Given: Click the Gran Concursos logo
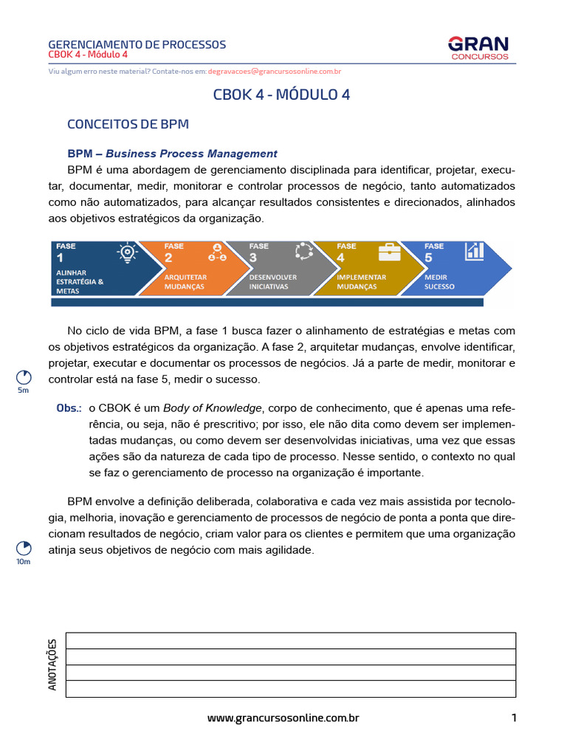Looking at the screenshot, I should pyautogui.click(x=479, y=49).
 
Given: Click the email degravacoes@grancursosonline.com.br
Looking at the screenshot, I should pyautogui.click(x=274, y=72).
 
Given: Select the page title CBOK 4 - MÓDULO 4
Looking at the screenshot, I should pyautogui.click(x=281, y=95).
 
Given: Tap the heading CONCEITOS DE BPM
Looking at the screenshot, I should pyautogui.click(x=128, y=124).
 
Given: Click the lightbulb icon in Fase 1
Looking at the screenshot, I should pyautogui.click(x=128, y=252).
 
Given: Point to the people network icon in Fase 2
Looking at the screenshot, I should pyautogui.click(x=216, y=252).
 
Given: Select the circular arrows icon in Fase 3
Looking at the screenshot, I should pyautogui.click(x=303, y=252).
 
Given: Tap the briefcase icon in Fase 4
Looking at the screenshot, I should pyautogui.click(x=389, y=252).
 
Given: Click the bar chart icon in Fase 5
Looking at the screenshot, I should pyautogui.click(x=474, y=252).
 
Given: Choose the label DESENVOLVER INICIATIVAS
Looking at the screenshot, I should pyautogui.click(x=273, y=282).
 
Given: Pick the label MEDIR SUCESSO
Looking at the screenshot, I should pyautogui.click(x=439, y=282).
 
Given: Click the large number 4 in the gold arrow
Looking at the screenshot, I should pyautogui.click(x=340, y=258).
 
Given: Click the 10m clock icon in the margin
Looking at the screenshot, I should pyautogui.click(x=24, y=548).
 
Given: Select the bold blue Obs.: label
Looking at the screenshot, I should pyautogui.click(x=69, y=408).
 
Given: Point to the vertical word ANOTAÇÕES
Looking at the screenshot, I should pyautogui.click(x=52, y=665).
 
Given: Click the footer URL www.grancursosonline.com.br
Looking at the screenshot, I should pyautogui.click(x=283, y=718).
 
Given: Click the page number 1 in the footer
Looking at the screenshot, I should pyautogui.click(x=514, y=718).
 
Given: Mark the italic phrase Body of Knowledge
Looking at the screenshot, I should pyautogui.click(x=213, y=408).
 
